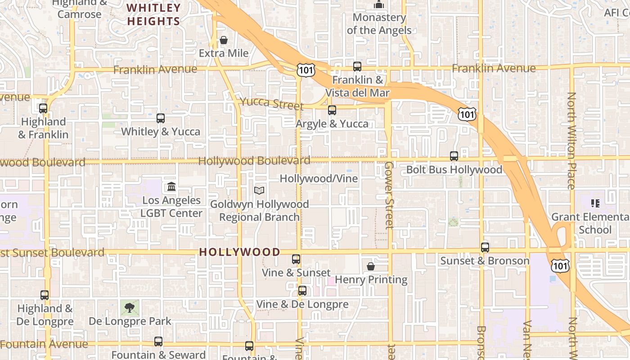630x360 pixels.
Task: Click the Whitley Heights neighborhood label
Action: pos(153,14)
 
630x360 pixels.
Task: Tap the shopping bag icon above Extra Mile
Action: pos(224,40)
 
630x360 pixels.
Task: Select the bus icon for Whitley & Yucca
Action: pos(160,118)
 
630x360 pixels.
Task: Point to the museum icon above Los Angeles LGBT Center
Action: pos(171,186)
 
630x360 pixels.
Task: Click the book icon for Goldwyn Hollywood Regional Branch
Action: pos(259,191)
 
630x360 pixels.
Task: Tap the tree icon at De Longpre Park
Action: pos(130,308)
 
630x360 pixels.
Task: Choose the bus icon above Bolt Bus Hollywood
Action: pos(454,156)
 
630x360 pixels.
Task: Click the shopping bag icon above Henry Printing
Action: pos(371,266)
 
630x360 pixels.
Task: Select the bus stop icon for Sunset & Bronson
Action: pos(485,247)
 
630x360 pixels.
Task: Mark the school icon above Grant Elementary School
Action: pos(595,203)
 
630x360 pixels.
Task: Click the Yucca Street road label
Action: pos(272,103)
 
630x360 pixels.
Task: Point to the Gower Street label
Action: pos(389,195)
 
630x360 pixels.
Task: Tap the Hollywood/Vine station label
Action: pos(319,179)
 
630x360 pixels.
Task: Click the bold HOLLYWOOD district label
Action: pos(240,252)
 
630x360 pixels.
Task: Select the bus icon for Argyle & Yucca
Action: pos(332,110)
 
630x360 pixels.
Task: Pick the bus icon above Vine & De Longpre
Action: pos(302,291)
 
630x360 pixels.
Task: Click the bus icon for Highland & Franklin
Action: pos(43,108)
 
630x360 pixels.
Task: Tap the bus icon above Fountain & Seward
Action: pos(158,342)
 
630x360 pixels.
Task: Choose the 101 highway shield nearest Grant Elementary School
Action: pos(561,266)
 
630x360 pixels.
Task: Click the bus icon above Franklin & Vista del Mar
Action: pos(357,67)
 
